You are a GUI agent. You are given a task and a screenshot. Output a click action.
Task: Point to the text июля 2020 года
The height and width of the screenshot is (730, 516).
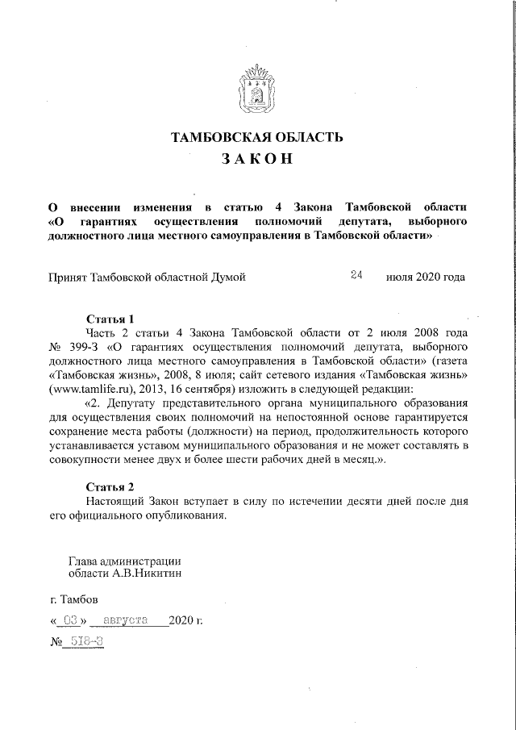[x=426, y=277]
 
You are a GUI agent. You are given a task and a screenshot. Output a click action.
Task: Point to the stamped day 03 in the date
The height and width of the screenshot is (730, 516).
[x=71, y=621]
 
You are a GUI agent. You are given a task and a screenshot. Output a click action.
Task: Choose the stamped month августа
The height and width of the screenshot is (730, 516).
[x=126, y=621]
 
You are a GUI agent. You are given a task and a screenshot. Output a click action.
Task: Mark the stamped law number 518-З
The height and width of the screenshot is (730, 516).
[x=85, y=645]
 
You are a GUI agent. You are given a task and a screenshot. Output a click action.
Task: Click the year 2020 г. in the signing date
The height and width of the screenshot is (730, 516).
[x=186, y=621]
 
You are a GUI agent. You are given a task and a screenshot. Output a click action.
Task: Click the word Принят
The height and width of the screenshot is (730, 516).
[x=69, y=277]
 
